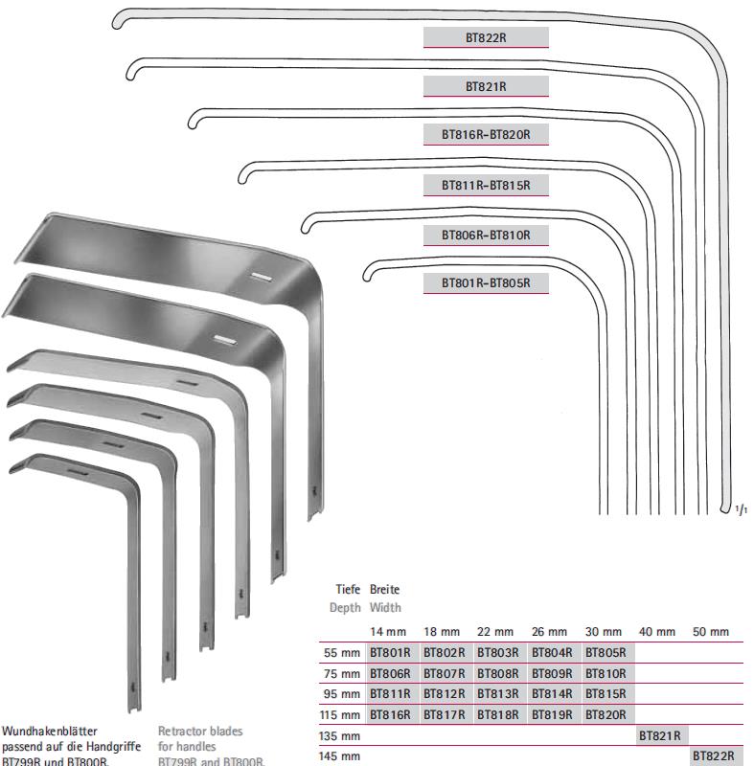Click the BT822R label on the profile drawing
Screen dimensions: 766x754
[486, 37]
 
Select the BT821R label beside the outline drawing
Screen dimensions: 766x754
[486, 86]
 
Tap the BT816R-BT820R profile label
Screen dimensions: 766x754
[486, 135]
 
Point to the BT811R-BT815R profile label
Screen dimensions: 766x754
[486, 185]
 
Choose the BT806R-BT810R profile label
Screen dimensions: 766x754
[486, 235]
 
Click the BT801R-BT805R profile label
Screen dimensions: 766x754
[486, 283]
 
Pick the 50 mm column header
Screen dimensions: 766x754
[711, 633]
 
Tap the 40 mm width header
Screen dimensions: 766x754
[657, 633]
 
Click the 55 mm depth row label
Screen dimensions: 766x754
[342, 653]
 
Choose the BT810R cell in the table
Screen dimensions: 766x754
[605, 674]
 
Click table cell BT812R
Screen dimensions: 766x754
[444, 694]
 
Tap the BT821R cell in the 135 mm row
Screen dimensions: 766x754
[659, 736]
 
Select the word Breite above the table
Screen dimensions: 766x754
[385, 590]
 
